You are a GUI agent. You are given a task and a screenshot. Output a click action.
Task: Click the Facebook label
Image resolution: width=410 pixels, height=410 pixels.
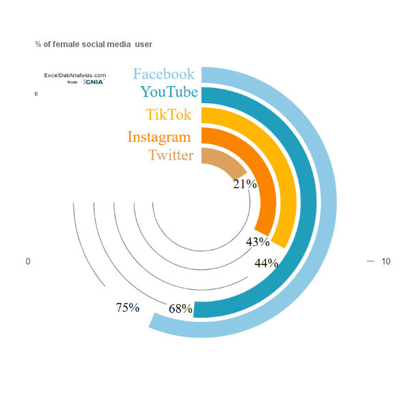coord(164,74)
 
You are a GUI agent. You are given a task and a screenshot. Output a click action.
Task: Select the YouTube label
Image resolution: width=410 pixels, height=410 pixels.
coord(169,92)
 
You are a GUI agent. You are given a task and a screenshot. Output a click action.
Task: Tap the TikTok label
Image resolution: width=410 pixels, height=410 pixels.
coord(168,114)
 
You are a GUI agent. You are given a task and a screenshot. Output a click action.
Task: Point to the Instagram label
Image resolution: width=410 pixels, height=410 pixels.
coord(159,137)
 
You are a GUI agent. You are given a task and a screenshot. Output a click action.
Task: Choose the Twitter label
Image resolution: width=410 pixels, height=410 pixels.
coord(171,155)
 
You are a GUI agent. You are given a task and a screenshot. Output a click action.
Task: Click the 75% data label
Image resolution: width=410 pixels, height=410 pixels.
coord(128,307)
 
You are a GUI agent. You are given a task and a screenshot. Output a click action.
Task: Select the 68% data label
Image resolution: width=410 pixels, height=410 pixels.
coord(180,309)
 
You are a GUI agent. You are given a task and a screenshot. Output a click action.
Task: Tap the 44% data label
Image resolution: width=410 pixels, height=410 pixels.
coord(266,263)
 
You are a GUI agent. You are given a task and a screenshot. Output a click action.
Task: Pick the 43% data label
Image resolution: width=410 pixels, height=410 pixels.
coord(258,242)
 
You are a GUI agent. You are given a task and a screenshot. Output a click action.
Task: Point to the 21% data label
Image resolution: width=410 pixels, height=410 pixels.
coord(245,184)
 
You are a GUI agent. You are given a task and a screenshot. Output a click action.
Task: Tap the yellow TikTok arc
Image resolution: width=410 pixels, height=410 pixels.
coord(290,198)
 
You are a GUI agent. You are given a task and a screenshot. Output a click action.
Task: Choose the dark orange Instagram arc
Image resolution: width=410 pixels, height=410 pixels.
coord(269,198)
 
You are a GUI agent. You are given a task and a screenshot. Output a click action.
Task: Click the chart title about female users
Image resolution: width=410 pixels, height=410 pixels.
coord(94,44)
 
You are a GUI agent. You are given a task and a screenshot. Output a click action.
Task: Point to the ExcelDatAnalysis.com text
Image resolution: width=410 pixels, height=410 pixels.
coord(74,75)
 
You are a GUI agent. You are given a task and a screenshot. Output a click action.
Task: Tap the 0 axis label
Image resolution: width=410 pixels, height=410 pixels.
coord(28,262)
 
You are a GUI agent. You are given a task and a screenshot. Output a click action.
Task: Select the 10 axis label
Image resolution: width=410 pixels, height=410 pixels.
coord(385,262)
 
